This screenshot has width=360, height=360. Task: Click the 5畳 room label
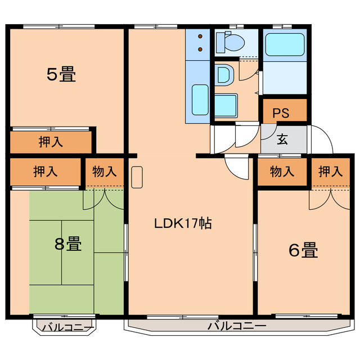tap(61, 74)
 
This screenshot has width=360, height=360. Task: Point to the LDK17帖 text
tap(183, 223)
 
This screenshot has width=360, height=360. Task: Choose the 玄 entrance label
tap(282, 140)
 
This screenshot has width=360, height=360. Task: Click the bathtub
tap(284, 44)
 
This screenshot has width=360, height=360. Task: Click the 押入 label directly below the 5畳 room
tap(51, 142)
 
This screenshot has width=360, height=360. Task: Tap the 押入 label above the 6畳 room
tap(330, 172)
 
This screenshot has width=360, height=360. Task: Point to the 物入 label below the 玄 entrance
tap(282, 172)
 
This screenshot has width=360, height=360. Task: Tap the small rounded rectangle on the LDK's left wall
tap(137, 178)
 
